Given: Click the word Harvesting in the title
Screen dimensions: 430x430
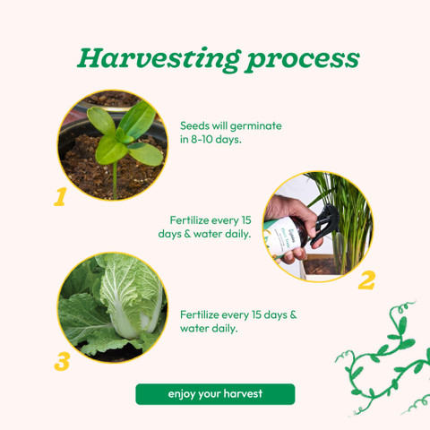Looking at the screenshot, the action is pos(159,59).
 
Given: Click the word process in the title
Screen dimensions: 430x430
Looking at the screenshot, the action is pos(303,61).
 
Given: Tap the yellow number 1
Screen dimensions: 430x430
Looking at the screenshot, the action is pos(60,197).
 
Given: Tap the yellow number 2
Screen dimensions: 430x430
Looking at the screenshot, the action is pos(366,280).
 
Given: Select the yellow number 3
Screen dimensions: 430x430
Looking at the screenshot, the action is pos(62,362).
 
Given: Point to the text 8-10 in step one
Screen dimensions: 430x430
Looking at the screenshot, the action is pos(202,140).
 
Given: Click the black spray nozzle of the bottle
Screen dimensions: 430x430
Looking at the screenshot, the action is pos(325,222).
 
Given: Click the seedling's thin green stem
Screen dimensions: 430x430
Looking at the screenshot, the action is pos(115,180).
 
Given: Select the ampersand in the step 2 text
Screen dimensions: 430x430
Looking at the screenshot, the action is pos(187,234).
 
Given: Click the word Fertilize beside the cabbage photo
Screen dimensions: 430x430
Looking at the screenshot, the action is pos(200,314).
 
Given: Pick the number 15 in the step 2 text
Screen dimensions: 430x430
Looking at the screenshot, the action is pos(246,220).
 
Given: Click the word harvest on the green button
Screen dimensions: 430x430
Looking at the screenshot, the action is pos(243,393).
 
